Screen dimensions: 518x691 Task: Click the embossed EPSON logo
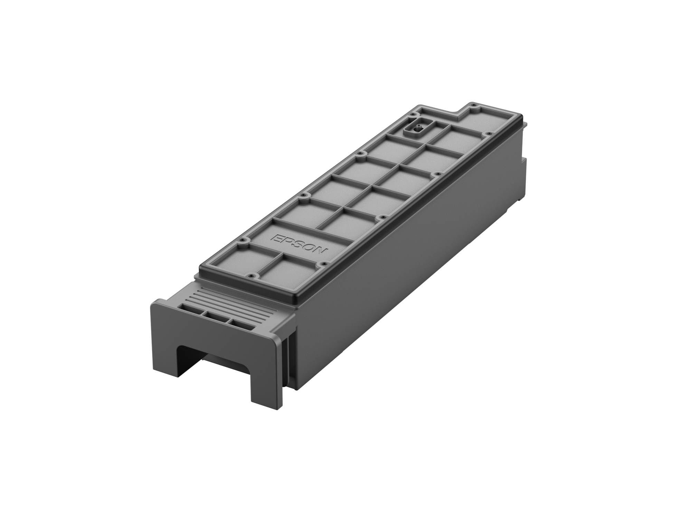298,246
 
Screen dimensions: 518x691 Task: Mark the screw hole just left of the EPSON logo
245,239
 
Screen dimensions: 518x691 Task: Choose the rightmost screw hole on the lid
488,134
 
